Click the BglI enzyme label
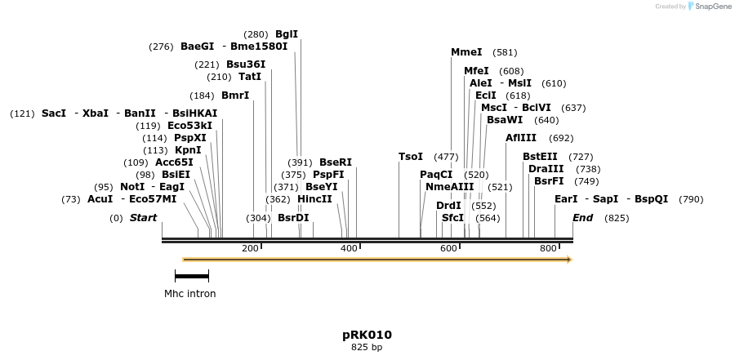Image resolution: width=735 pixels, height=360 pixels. click(287, 34)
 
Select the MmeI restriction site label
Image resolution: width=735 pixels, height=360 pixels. click(466, 52)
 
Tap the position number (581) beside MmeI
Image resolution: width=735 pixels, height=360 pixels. click(505, 52)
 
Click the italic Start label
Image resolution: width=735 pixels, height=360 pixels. click(143, 218)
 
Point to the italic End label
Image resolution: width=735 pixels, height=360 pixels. click(582, 218)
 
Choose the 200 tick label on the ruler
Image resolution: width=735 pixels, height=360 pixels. click(250, 248)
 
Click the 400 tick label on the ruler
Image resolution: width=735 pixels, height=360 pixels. click(349, 248)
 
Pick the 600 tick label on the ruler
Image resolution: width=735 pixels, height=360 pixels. click(448, 248)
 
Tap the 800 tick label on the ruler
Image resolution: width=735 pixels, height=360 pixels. click(548, 248)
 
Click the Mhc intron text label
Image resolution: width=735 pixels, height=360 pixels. click(190, 294)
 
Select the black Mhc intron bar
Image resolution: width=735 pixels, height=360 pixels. click(192, 277)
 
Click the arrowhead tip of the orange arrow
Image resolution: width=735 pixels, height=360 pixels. click(571, 260)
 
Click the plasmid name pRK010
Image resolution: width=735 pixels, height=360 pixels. click(367, 335)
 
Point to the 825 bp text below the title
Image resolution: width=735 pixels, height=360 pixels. click(367, 348)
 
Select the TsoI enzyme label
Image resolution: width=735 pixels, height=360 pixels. click(411, 157)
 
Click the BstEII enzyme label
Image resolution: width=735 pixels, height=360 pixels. click(540, 157)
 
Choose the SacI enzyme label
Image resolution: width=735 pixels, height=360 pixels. click(54, 113)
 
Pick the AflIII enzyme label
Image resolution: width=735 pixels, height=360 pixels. click(521, 138)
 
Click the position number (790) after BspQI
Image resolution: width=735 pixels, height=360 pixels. click(691, 199)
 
